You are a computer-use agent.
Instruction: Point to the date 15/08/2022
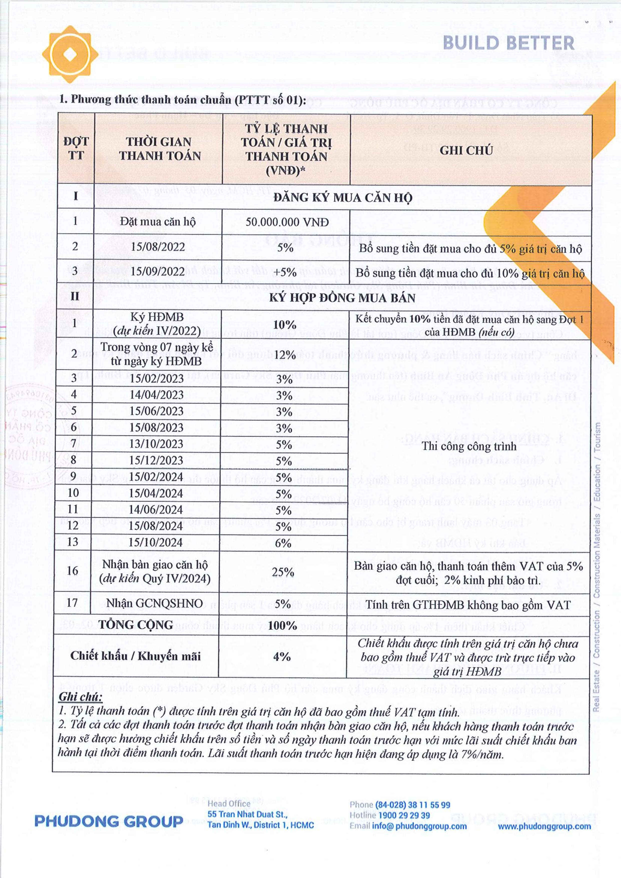click(158, 247)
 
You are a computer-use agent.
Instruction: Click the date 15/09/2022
click(158, 271)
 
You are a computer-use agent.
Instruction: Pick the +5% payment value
click(285, 272)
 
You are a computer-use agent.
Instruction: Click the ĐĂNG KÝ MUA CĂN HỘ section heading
click(342, 197)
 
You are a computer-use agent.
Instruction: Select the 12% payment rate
click(284, 355)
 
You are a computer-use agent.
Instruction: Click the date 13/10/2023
click(156, 444)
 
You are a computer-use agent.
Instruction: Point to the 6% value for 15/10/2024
click(283, 543)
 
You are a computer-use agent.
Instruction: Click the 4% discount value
click(282, 657)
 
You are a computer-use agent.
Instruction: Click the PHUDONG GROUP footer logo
click(109, 821)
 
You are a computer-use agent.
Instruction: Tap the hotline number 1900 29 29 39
click(404, 815)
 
